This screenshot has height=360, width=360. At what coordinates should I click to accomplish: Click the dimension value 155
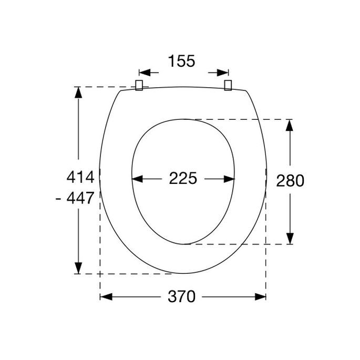coord(182,61)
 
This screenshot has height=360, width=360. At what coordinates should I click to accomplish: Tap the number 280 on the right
coord(290,181)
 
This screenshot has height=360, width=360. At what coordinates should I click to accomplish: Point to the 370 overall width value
coord(182,297)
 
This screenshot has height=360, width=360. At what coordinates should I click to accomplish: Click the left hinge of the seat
coord(140,85)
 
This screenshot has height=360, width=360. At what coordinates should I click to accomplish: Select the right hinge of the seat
coord(228,85)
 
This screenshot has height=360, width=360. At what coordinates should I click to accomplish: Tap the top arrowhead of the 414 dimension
coord(78,92)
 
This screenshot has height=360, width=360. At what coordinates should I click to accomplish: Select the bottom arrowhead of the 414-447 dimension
coord(78,268)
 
